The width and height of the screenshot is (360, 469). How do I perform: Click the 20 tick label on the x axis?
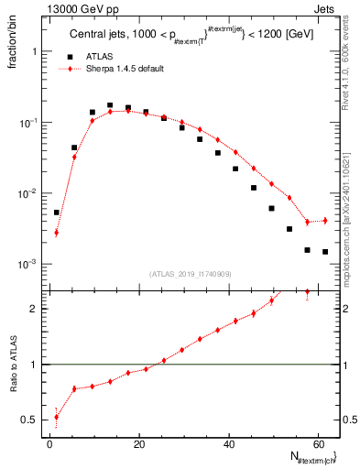click(139, 444)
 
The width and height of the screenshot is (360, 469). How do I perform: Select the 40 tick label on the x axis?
click(229, 444)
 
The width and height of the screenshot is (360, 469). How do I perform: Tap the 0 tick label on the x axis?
click(50, 444)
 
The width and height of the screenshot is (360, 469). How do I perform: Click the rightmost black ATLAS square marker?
click(325, 252)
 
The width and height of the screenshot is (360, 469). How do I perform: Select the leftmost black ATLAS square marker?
click(57, 213)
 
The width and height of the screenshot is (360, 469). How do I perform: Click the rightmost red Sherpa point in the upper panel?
click(325, 221)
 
